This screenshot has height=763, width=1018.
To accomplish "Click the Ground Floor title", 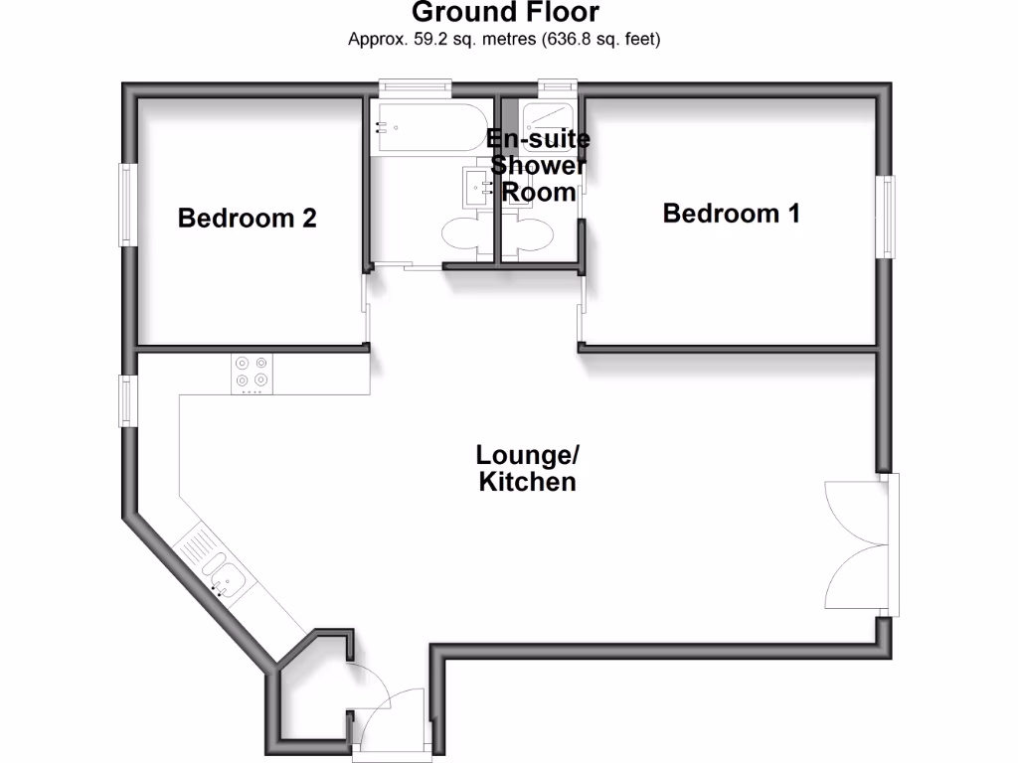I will (505, 13).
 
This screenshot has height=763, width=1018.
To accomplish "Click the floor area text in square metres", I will (505, 40).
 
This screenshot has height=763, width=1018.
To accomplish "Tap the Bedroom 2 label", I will (248, 218).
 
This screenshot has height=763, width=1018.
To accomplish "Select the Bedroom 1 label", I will (731, 213).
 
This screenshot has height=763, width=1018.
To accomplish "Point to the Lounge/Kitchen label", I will (527, 469).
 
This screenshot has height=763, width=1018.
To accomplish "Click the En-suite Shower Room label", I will (540, 165).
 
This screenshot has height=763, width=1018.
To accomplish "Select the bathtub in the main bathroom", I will (429, 127).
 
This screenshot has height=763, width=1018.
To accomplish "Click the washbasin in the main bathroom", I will (476, 185).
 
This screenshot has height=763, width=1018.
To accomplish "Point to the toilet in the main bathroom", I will (463, 236).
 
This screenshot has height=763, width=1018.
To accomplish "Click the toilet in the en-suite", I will (527, 238).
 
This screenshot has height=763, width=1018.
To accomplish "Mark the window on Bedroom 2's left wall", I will (127, 205).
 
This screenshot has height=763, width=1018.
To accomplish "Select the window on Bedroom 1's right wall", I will (885, 217).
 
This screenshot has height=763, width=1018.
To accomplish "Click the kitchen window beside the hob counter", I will (128, 399).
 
